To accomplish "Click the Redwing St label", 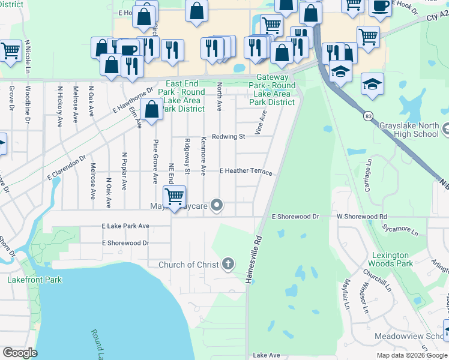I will pos(229,137).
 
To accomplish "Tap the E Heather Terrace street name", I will pos(246,172).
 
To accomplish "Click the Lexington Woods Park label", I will pos(392,259).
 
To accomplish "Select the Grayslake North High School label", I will pos(409,130).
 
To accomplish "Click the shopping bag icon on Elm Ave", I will pos(152,109).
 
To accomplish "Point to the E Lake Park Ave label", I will pos(125,226).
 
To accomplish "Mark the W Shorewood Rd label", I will pos(361,217).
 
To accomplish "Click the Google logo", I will pos(20,352).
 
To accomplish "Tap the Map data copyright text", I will pos(412,355).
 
